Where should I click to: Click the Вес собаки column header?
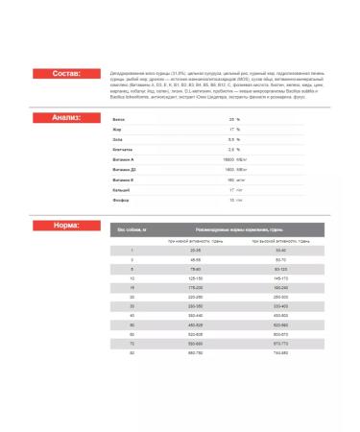(x=132, y=229)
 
